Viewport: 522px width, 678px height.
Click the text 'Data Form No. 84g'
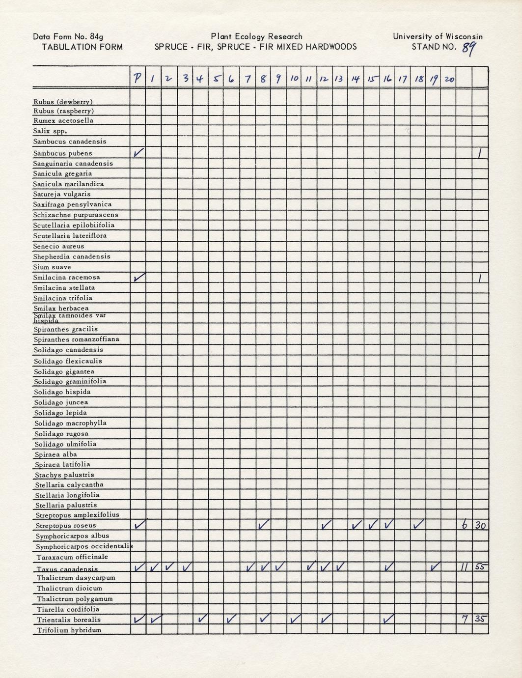[68, 36]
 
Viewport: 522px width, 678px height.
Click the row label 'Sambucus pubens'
[63, 153]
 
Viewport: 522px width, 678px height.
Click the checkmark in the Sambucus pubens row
[138, 153]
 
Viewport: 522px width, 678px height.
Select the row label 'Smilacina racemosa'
[66, 277]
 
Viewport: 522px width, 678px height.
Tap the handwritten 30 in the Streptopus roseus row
[480, 526]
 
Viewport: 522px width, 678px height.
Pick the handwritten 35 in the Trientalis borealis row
[480, 620]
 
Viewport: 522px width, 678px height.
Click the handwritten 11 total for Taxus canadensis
[464, 567]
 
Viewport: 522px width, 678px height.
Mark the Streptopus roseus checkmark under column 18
[418, 525]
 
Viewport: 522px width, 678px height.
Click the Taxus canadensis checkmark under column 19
[434, 567]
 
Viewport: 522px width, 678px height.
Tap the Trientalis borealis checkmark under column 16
[388, 620]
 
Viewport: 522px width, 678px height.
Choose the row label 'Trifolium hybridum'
[69, 630]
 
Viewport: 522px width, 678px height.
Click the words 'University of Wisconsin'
[438, 36]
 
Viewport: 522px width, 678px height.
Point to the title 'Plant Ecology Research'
[256, 36]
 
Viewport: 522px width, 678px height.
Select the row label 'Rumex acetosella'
[63, 120]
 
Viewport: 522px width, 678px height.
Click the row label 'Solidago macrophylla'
[70, 423]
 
